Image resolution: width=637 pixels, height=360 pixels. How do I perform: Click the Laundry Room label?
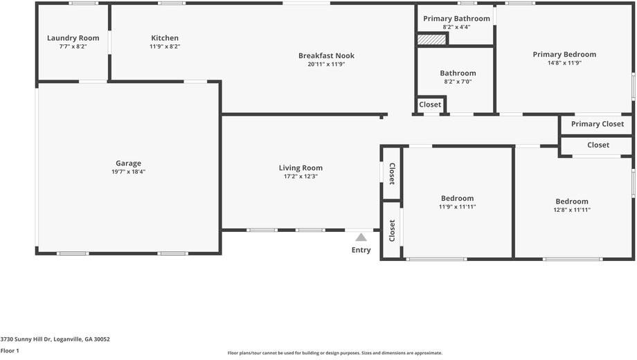coord(73,38)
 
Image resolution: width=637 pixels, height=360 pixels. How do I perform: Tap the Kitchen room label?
coord(165,38)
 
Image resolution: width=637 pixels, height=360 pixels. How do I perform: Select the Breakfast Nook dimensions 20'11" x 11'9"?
coord(326,64)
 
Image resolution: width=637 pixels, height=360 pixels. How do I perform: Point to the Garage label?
coord(128,163)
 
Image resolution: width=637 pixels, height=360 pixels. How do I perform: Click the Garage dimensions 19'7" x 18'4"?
coord(128,172)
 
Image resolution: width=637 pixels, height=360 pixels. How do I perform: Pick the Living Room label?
coord(300,168)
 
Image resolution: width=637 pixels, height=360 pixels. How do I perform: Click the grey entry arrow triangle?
coord(361,237)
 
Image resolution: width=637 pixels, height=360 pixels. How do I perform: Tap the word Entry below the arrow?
coord(361,250)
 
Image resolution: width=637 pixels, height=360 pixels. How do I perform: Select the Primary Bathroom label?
coord(456,19)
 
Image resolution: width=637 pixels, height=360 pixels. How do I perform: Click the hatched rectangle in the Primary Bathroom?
coord(431,40)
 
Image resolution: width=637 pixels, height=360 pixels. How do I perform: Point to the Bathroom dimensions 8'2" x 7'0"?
coord(457,82)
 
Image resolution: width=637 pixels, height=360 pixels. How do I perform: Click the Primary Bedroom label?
coord(564,54)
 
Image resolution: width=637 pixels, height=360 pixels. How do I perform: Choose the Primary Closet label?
coord(597,124)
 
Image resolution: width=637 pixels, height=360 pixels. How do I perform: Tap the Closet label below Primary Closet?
coord(598,145)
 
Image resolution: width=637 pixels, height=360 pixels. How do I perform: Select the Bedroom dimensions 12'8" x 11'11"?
coord(572,210)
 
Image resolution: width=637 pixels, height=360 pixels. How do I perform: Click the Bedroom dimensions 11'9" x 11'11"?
coord(457,206)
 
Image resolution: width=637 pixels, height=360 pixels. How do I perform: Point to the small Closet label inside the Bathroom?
coord(430,105)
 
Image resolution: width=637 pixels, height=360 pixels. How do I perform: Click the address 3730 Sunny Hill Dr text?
coord(55,339)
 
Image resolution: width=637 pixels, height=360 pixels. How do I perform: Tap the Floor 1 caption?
coord(10,351)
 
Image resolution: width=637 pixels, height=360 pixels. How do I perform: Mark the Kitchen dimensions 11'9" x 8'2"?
coord(165,46)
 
